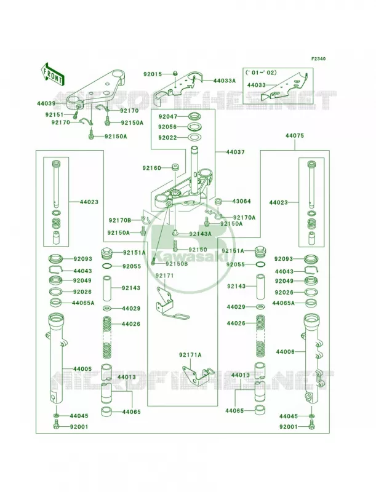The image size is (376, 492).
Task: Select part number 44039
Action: (46, 103)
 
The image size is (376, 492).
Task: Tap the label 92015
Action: (153, 74)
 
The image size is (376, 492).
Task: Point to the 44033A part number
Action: (225, 81)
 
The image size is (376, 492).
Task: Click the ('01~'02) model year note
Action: (261, 73)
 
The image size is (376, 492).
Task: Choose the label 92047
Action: (167, 117)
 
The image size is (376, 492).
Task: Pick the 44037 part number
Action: (236, 152)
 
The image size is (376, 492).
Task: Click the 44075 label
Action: (295, 136)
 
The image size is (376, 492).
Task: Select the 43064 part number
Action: (241, 201)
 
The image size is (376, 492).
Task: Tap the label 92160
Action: (151, 168)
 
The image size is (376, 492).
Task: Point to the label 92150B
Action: (177, 264)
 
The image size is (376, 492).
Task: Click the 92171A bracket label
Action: (190, 355)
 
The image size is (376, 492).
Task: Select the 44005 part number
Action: (82, 369)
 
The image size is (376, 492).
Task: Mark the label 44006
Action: (286, 352)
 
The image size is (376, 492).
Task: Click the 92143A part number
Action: (200, 234)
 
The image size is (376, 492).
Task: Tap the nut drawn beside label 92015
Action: (175, 74)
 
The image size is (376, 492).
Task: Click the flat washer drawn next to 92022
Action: (195, 137)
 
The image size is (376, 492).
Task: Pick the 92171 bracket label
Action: (165, 276)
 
